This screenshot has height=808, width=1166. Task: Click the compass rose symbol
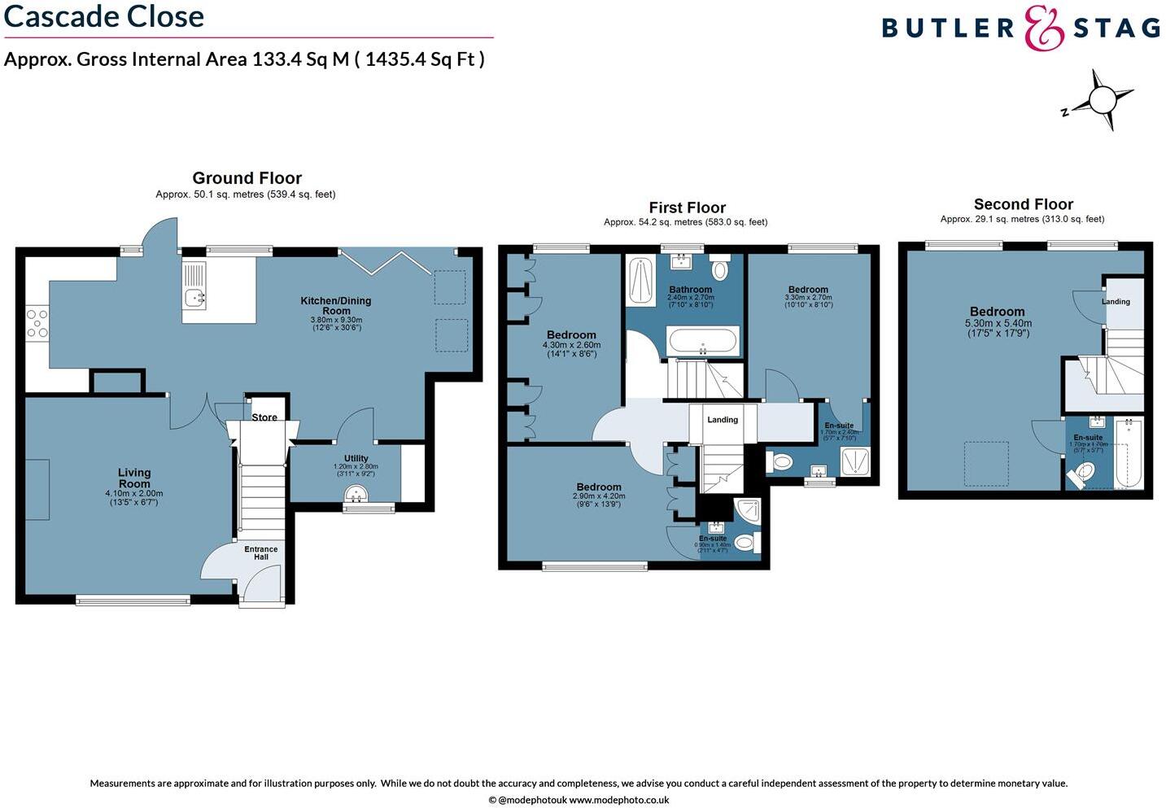(1102, 101)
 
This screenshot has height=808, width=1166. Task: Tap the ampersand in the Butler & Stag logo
(1044, 28)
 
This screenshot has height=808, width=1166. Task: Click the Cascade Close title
(104, 16)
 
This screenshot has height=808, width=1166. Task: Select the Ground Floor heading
(247, 178)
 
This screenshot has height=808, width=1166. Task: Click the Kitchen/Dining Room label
(336, 305)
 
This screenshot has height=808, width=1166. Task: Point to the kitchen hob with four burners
(37, 322)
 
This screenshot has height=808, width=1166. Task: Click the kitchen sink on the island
(195, 298)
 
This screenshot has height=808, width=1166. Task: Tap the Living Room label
(134, 478)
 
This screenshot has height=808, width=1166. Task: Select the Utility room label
(356, 458)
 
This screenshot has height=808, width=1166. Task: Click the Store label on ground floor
(264, 417)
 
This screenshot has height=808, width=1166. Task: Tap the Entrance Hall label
(260, 553)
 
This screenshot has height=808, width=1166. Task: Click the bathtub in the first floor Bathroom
(702, 341)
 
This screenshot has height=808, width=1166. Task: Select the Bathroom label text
(690, 290)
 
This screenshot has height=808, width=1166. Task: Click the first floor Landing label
(723, 420)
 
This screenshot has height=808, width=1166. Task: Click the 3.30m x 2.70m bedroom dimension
(808, 298)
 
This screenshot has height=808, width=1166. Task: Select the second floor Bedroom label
(997, 312)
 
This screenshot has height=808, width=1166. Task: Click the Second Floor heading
(1023, 204)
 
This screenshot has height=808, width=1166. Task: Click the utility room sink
(356, 494)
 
